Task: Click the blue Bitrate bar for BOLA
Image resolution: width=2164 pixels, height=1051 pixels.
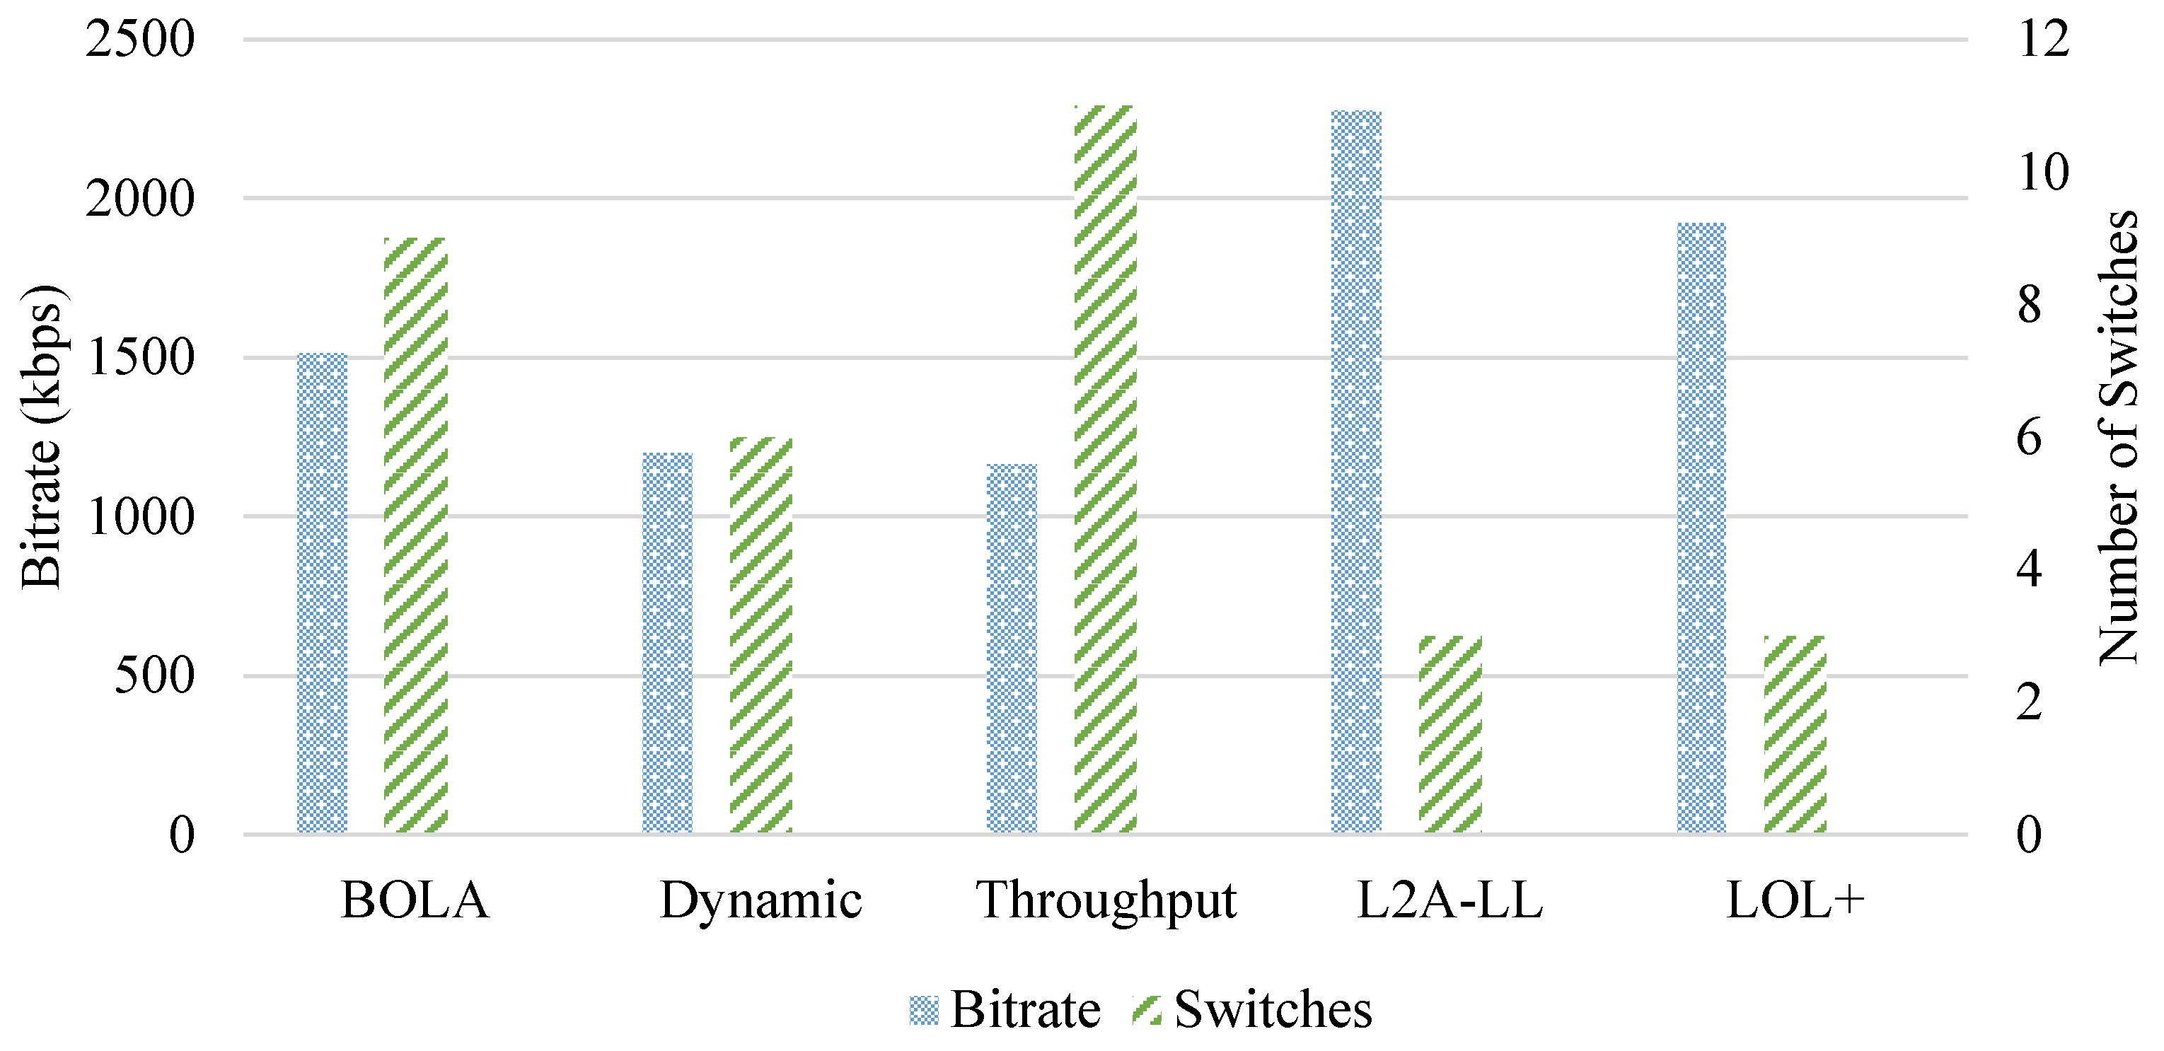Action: [323, 593]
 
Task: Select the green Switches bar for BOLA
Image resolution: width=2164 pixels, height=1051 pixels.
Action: [416, 536]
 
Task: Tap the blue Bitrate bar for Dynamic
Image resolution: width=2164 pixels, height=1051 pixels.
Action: [668, 644]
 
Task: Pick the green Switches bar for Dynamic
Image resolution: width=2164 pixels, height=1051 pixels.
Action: [761, 635]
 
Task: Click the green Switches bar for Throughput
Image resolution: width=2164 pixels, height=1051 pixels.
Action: [1106, 469]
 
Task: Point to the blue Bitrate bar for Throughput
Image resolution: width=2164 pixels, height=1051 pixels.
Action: [1012, 649]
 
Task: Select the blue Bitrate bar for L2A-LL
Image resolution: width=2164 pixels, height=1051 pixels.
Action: [1357, 471]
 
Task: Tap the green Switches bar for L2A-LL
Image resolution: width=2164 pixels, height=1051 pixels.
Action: [1451, 734]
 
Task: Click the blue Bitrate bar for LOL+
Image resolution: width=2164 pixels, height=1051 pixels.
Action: [1702, 528]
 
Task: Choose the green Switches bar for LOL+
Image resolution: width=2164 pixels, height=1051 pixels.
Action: [1795, 734]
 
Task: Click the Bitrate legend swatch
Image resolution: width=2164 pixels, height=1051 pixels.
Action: [924, 1011]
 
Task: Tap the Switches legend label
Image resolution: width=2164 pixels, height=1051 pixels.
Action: [1273, 1009]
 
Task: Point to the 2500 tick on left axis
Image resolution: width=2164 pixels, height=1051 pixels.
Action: [140, 39]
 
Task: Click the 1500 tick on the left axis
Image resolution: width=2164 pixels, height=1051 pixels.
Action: [140, 357]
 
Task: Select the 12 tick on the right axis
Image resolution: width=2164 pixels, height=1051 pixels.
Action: [2044, 39]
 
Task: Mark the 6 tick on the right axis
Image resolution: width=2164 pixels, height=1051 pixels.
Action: [2029, 437]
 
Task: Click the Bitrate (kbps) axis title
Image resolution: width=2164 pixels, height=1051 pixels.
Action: [42, 437]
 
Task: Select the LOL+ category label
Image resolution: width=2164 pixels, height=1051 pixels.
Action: [1795, 900]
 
